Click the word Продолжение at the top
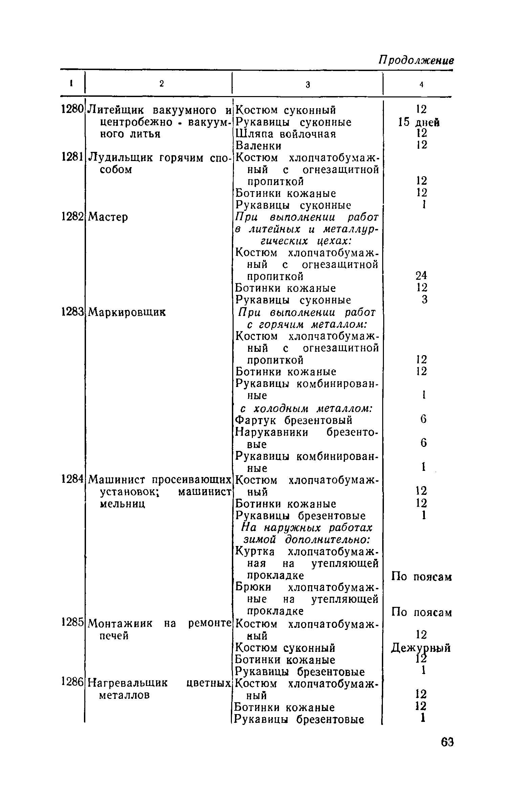tap(416, 61)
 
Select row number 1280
tap(72, 110)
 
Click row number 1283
tap(72, 312)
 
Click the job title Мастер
tap(108, 217)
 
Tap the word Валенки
tap(258, 145)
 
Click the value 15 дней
tap(419, 122)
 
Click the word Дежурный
tap(421, 648)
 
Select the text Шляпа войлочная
tap(285, 134)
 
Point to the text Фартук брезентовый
tap(294, 420)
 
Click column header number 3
tap(308, 85)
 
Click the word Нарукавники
tap(272, 432)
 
